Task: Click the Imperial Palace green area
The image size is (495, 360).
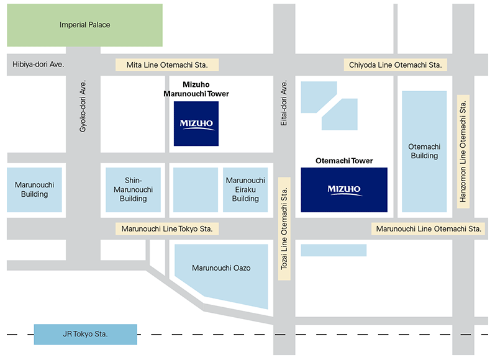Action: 84,25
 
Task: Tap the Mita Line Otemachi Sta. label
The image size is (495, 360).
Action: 167,65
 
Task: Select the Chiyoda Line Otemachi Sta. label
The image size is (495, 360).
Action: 395,65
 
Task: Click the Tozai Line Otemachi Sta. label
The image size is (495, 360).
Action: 284,229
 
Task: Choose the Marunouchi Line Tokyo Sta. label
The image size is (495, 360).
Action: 167,229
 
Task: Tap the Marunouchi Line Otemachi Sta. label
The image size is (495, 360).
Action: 429,229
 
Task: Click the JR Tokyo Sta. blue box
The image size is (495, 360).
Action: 85,334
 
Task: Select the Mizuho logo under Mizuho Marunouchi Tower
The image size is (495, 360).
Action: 196,124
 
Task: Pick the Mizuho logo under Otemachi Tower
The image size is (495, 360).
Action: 344,189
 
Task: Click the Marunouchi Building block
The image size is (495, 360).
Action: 35,189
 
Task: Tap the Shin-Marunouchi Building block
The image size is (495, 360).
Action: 134,189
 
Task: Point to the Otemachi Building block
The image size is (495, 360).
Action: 424,151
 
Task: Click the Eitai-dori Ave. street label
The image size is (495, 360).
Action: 284,103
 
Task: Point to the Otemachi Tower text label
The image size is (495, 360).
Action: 344,161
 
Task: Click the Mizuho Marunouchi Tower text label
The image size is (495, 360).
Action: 196,89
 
